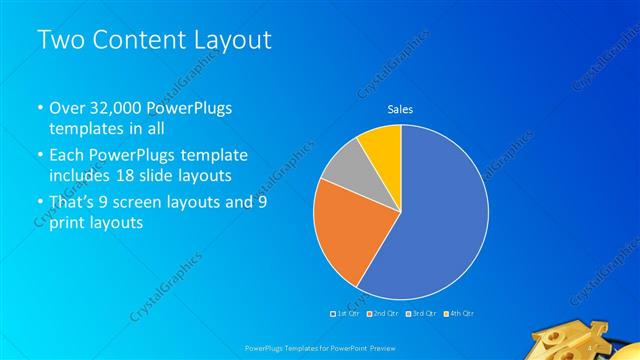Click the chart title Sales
(400, 109)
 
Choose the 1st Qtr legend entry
(345, 314)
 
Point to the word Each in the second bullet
(67, 156)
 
